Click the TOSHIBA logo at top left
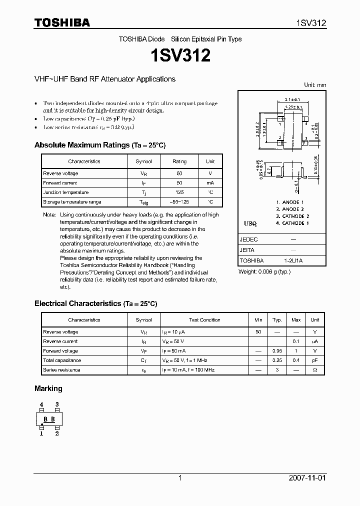click(62, 22)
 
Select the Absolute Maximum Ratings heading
click(99, 145)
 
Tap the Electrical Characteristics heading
click(95, 303)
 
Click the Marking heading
click(48, 388)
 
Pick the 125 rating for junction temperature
click(179, 192)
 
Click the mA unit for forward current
click(210, 183)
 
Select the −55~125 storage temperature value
click(179, 202)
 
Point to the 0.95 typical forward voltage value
click(276, 351)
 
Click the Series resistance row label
click(61, 370)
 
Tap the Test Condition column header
click(204, 320)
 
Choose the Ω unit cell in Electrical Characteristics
click(314, 370)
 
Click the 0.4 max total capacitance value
click(296, 360)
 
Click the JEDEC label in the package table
click(248, 239)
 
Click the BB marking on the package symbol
click(49, 419)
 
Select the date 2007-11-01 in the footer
click(307, 478)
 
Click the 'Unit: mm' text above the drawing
click(315, 85)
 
